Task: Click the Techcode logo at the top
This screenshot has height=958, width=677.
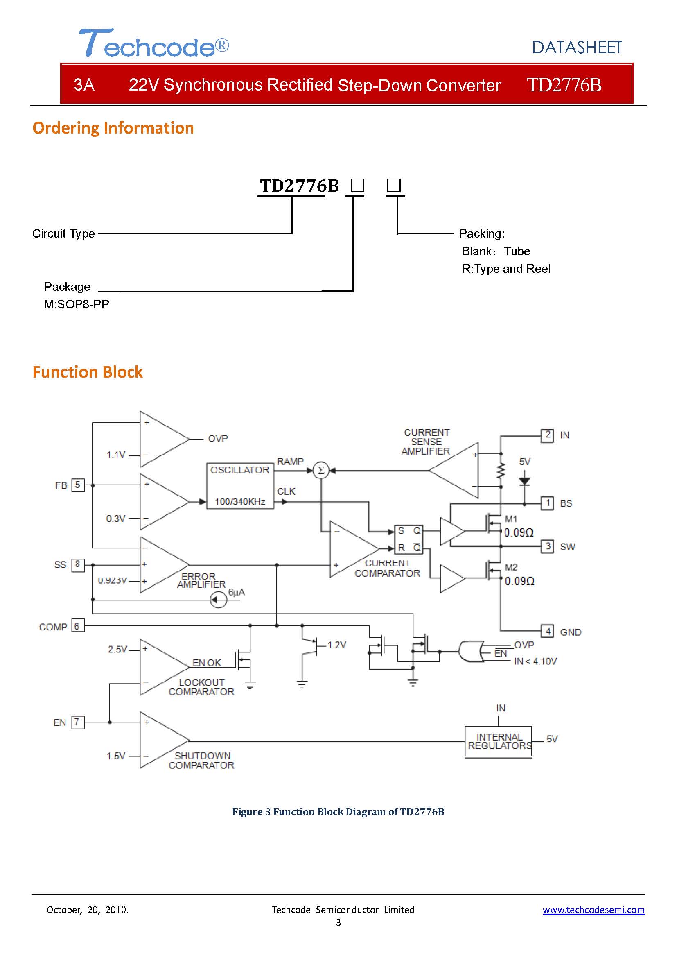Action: (154, 43)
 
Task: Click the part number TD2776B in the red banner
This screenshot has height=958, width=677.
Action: (564, 85)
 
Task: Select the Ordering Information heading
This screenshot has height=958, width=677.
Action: (113, 128)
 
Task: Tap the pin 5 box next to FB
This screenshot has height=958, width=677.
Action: (78, 485)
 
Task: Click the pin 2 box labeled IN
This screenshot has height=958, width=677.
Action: (547, 435)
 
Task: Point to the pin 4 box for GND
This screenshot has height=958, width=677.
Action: (547, 631)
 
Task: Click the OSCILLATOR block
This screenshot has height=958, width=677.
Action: (240, 486)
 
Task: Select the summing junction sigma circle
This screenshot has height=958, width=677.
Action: (321, 471)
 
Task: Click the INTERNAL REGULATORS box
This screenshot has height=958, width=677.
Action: (499, 741)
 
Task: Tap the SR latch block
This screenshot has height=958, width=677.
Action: (408, 539)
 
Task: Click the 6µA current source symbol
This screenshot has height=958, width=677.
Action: (218, 600)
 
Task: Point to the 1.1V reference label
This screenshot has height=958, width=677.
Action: (116, 455)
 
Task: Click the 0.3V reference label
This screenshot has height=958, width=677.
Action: (116, 519)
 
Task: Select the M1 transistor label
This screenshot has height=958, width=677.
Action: (511, 519)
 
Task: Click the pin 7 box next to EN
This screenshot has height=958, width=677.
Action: (78, 722)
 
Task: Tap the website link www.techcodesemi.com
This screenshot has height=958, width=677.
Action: (594, 910)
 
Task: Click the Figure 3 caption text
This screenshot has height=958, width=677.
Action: (338, 811)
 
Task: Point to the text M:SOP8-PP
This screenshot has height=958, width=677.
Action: (77, 304)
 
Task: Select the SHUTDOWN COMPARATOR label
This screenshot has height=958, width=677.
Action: (202, 760)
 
